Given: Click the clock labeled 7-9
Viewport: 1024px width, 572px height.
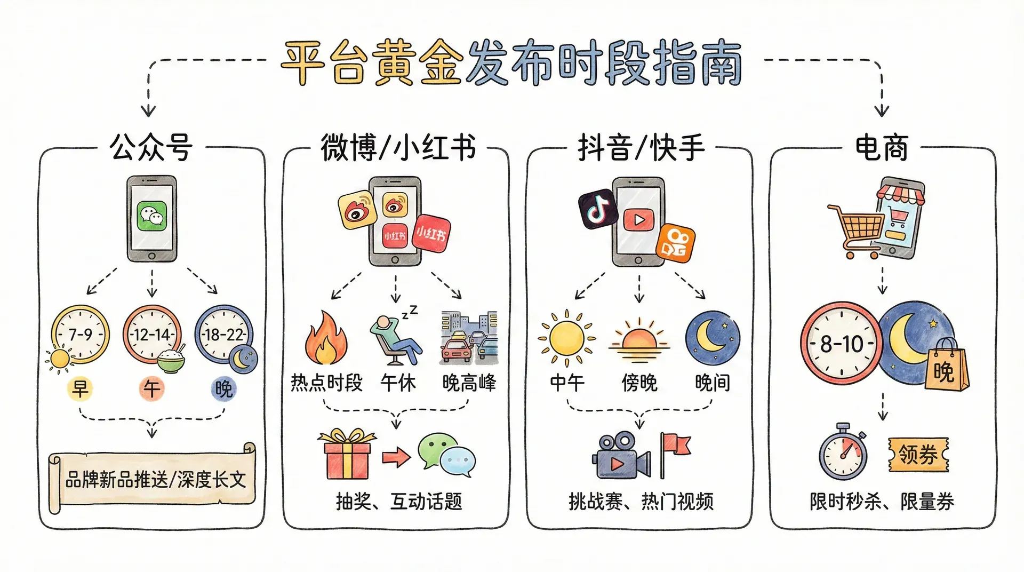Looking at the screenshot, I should tap(81, 335).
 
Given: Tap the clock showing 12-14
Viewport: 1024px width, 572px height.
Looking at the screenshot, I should tap(152, 335).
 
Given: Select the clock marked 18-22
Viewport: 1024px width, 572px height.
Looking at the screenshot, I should tap(223, 335).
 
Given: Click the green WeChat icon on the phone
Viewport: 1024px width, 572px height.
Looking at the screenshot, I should tap(151, 216).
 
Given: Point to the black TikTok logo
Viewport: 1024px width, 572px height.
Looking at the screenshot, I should tap(598, 209).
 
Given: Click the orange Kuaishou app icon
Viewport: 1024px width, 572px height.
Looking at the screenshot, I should tap(676, 243).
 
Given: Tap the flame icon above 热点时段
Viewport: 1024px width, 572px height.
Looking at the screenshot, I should tap(325, 338).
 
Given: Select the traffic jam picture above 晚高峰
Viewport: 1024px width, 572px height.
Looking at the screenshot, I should tap(469, 337).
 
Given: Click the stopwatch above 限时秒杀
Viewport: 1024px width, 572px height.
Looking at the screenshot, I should tap(843, 452).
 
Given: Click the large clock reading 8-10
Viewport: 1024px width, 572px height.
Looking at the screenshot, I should tap(842, 343).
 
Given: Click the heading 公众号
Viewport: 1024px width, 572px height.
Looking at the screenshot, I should tap(151, 147).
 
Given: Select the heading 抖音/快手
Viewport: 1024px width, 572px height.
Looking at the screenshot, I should tap(641, 147).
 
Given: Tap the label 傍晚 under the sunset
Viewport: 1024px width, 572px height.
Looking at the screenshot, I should tap(639, 383).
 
